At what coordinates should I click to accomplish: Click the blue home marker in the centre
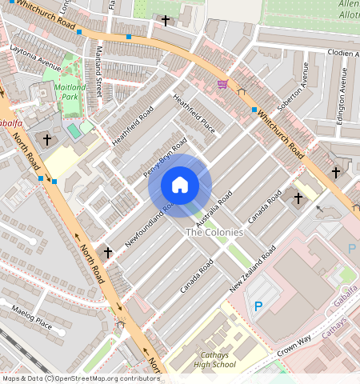click(x=180, y=185)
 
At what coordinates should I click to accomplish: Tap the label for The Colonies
click(x=214, y=232)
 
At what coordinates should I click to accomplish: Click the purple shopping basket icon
click(x=222, y=83)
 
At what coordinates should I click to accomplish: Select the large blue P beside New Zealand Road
click(x=258, y=306)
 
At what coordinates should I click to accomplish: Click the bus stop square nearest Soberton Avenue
click(x=254, y=110)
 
